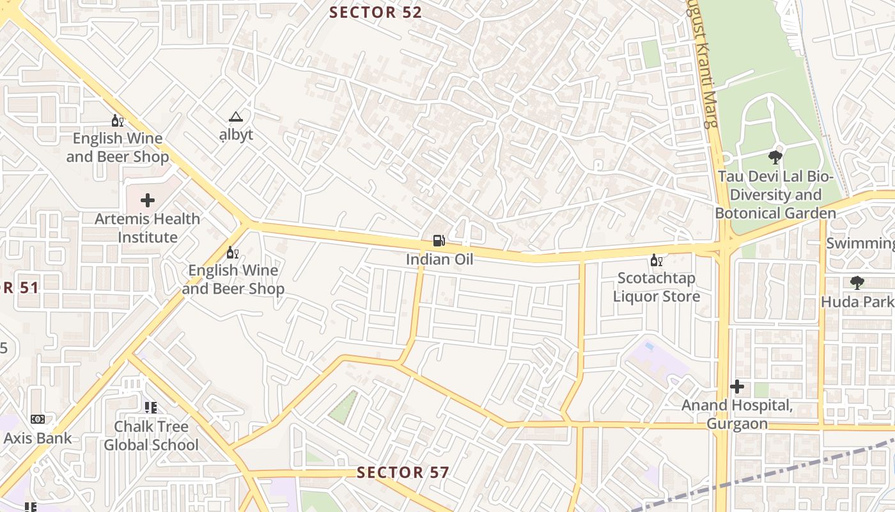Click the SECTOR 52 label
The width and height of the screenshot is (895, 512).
[x=375, y=12]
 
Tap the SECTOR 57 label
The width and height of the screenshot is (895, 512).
[x=403, y=473]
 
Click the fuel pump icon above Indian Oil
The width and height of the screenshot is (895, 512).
[x=439, y=241]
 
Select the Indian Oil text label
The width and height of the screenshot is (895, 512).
[x=440, y=259]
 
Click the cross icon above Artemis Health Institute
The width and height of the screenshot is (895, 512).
[x=148, y=200]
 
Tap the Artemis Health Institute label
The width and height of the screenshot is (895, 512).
[x=148, y=228]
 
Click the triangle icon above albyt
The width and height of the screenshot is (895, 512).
[x=236, y=117]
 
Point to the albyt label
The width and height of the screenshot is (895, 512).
[x=236, y=134]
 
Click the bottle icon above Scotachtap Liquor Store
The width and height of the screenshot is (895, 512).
[x=655, y=260]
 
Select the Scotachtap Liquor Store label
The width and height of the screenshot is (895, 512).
[x=656, y=287]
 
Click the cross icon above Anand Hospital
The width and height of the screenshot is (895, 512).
[x=737, y=387]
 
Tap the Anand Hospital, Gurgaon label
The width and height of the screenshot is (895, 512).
[x=737, y=415]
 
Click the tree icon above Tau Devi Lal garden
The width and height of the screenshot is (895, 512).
[x=775, y=157]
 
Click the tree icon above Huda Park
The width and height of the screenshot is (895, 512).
[x=857, y=282]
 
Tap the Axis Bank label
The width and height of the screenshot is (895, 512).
[x=38, y=438]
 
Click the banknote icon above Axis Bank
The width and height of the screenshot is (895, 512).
[x=38, y=419]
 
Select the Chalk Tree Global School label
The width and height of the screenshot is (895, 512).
[x=152, y=435]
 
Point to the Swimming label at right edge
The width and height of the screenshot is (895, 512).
[x=860, y=243]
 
